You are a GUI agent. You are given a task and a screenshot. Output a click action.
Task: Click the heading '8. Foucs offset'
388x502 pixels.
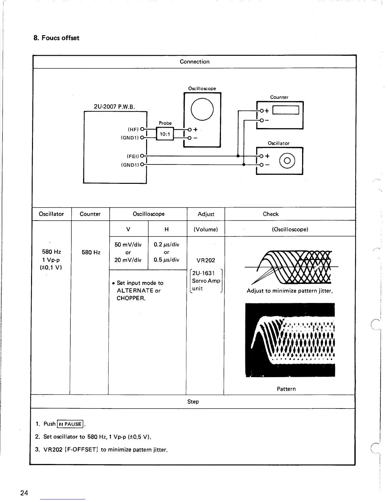pos(56,38)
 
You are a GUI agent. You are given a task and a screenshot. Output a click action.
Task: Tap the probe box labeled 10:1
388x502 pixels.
pos(165,134)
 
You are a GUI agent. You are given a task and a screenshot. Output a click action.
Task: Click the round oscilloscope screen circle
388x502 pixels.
pos(202,109)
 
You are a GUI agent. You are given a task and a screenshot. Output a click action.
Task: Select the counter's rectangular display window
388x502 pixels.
pos(285,110)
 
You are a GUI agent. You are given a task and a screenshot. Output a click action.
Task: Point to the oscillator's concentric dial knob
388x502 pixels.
pos(287,160)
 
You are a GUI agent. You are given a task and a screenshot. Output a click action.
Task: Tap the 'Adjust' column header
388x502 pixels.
pos(206,214)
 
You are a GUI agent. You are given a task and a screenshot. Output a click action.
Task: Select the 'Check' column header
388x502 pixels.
pos(271,214)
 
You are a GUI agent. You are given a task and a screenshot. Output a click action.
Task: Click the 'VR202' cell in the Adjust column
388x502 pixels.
pos(206,261)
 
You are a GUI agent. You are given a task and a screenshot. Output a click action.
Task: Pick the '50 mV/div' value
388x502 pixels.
pos(128,245)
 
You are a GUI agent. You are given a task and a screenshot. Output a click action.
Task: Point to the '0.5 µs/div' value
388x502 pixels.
pos(166,260)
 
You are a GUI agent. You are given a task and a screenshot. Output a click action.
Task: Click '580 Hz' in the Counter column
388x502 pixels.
pos(91,252)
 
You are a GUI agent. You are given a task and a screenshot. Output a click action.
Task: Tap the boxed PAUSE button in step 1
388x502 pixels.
pos(70,424)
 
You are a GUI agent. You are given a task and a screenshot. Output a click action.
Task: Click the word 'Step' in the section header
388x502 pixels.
pos(193,402)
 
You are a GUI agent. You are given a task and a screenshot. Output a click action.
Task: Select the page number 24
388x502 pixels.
pos(24,493)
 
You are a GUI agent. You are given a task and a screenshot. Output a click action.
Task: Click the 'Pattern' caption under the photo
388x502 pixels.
pos(286,389)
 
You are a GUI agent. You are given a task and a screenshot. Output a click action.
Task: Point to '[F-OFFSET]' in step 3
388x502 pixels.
pos(82,450)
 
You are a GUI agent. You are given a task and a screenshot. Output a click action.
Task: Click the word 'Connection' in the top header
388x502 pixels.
pos(195,62)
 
